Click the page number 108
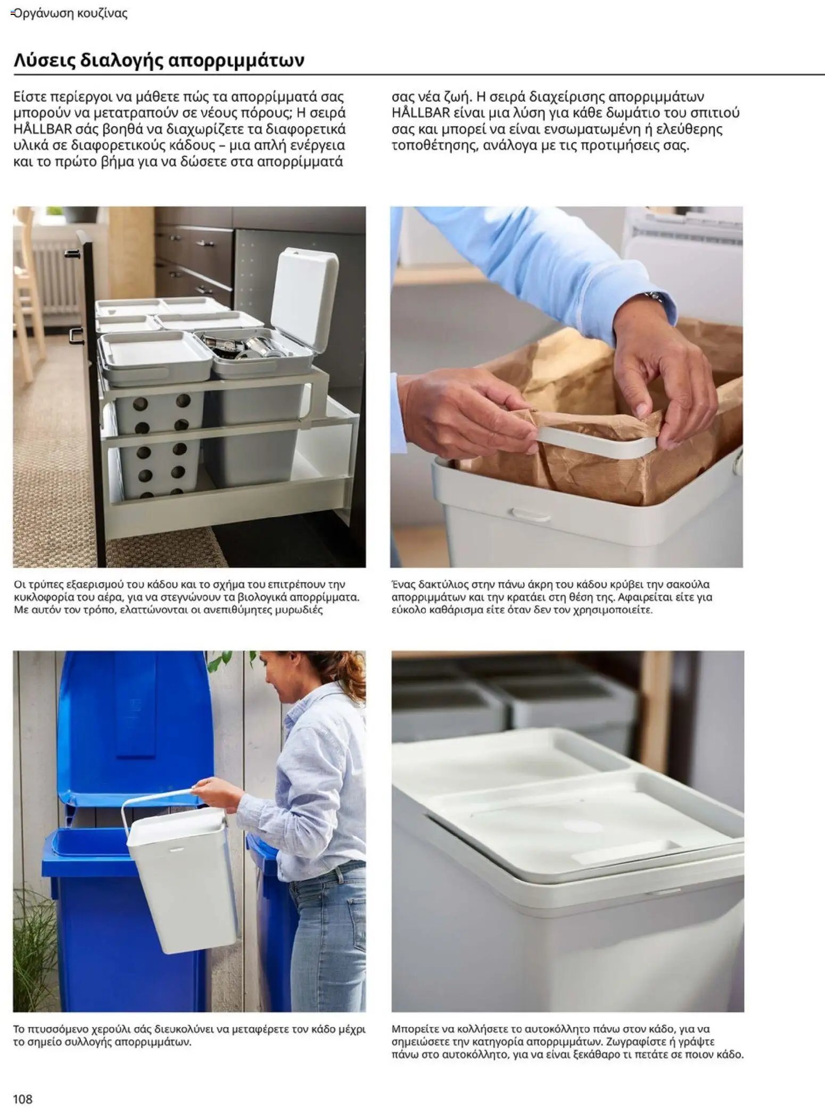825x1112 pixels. tap(23, 1099)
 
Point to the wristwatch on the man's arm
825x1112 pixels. tap(656, 297)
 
